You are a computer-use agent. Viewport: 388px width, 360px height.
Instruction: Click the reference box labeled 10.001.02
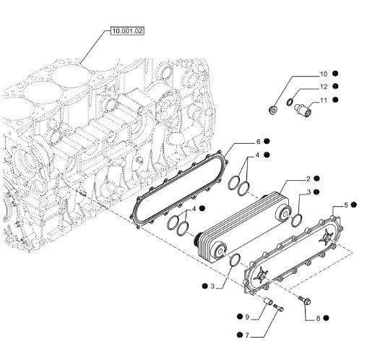[x=127, y=31]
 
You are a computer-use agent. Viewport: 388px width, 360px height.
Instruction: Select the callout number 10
[x=323, y=74]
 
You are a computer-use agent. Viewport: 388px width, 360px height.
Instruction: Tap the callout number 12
[x=323, y=87]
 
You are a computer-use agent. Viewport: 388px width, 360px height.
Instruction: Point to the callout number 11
[x=323, y=100]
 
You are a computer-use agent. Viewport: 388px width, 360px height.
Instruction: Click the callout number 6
[x=257, y=141]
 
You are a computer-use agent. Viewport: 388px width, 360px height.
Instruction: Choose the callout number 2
[x=308, y=178]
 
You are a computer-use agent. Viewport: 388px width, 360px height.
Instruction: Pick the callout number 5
[x=345, y=205]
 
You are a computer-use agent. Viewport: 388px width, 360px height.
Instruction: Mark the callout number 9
[x=247, y=317]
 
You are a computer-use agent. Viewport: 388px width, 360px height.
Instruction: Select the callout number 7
[x=246, y=335]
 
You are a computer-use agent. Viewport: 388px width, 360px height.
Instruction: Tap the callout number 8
[x=307, y=317]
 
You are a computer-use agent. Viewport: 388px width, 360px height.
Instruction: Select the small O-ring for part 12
[x=290, y=102]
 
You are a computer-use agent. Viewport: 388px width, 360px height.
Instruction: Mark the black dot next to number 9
[x=238, y=317]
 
